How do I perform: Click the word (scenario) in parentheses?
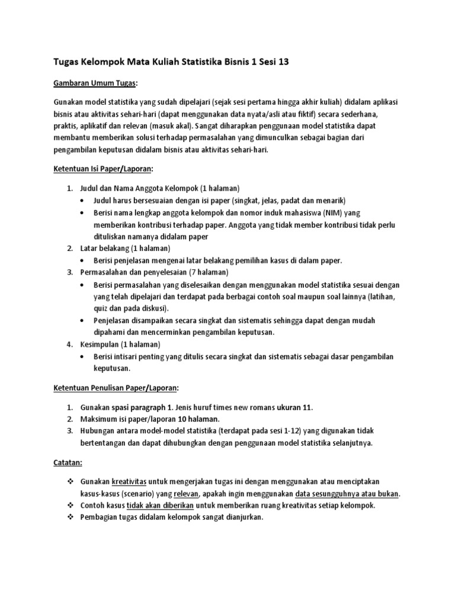(136, 494)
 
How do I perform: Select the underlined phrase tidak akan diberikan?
(158, 505)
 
